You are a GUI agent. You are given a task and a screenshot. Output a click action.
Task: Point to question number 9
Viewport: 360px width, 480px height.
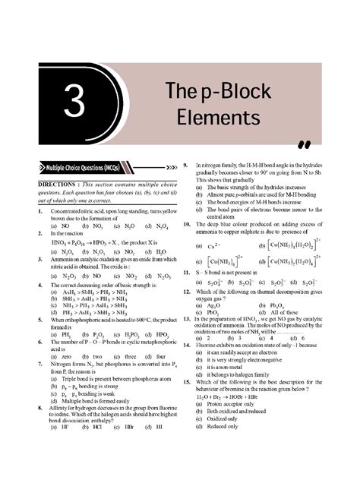pyautogui.click(x=187, y=165)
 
